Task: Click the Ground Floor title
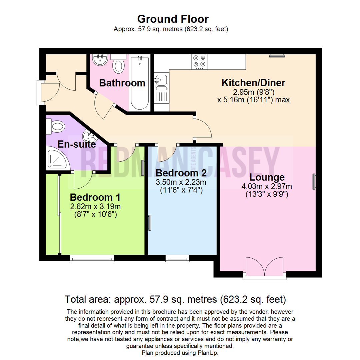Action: coord(173,19)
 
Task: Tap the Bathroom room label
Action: coord(122,83)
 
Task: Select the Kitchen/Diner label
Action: coord(253,83)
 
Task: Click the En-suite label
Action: coord(77,144)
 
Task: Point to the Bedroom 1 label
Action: coord(95,197)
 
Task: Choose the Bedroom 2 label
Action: coord(181,173)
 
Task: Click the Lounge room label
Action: coord(267,177)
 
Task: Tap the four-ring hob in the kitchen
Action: coord(199,62)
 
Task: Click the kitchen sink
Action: coord(161,82)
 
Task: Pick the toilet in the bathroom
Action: coord(118,64)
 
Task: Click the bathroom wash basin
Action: coord(100,59)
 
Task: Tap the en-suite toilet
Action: coord(56,127)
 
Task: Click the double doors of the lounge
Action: coord(264,266)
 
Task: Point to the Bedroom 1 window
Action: coord(92,258)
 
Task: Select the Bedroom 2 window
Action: coord(177,258)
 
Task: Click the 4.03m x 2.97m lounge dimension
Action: coord(267,186)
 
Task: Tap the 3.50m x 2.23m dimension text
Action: coord(181,182)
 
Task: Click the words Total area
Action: coord(88,299)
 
